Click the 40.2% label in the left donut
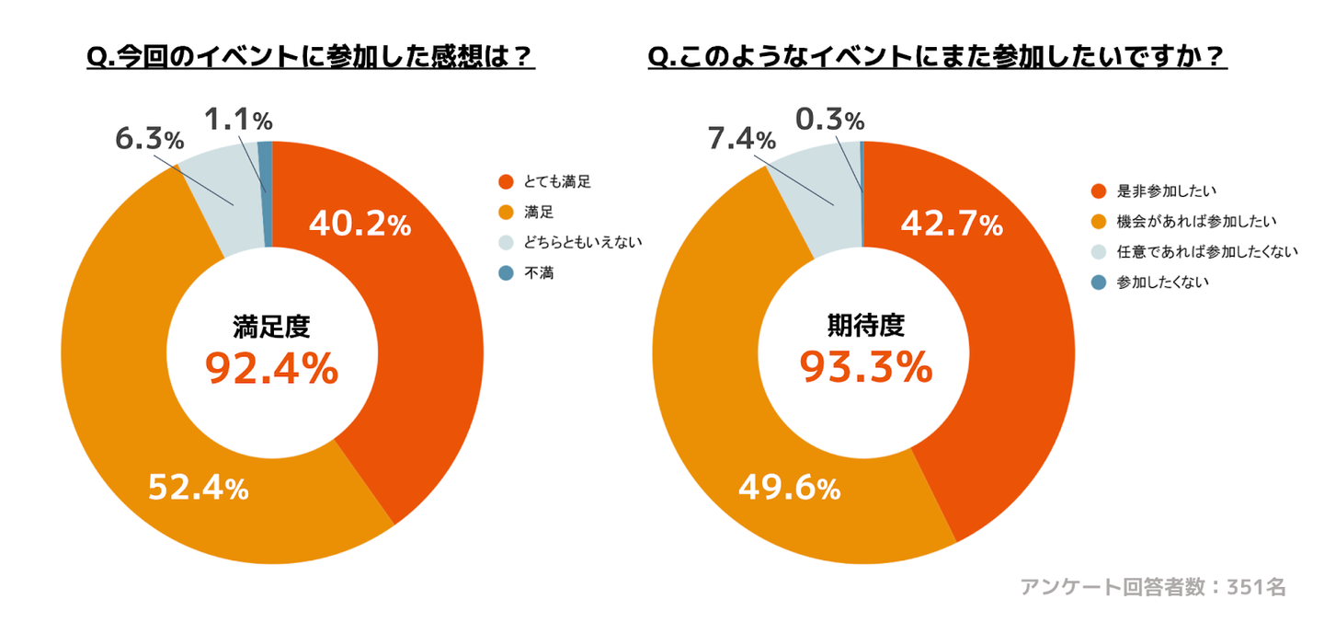[360, 224]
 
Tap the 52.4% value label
[199, 488]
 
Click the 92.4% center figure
[271, 368]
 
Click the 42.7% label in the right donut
[951, 224]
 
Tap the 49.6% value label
[790, 488]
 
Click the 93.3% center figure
[865, 368]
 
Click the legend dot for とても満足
[505, 181]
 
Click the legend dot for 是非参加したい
[1097, 191]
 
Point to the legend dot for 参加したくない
[1097, 282]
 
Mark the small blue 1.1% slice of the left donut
[266, 193]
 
